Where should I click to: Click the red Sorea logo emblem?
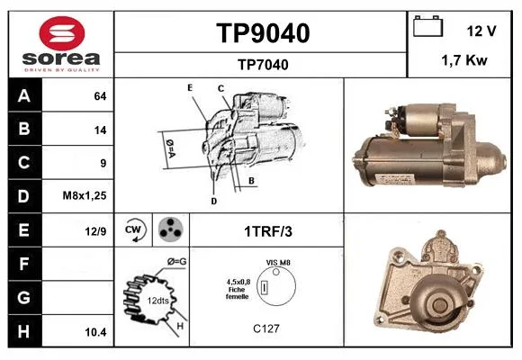[62, 33]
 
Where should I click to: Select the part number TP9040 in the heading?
[263, 33]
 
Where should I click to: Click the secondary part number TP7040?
[263, 65]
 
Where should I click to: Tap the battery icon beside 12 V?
[427, 26]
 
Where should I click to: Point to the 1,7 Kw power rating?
[464, 60]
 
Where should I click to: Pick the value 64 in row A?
[100, 96]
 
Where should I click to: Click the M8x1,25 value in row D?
[85, 195]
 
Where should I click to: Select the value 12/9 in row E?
[95, 230]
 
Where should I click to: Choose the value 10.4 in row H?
[95, 332]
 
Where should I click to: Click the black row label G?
[24, 297]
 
